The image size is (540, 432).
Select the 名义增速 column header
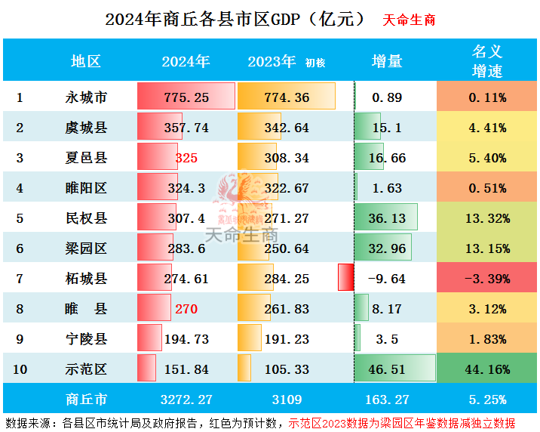(486, 61)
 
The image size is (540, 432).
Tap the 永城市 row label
(86, 97)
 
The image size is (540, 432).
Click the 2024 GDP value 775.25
(186, 97)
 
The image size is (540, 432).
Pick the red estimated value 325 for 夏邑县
(186, 158)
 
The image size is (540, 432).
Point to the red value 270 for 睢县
(186, 309)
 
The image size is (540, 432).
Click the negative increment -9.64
(386, 279)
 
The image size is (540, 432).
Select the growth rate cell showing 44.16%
(486, 369)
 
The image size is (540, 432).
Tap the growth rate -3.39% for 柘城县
(486, 279)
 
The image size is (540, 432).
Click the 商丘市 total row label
(86, 399)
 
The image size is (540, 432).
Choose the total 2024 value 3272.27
(186, 399)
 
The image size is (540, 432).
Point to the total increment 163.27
(387, 399)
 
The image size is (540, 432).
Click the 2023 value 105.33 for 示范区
(287, 369)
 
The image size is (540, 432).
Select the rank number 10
(20, 369)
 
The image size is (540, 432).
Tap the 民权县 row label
(86, 218)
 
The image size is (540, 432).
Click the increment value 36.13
(387, 218)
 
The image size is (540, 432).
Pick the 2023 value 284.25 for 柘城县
(287, 279)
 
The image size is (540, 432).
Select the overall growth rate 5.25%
(486, 399)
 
